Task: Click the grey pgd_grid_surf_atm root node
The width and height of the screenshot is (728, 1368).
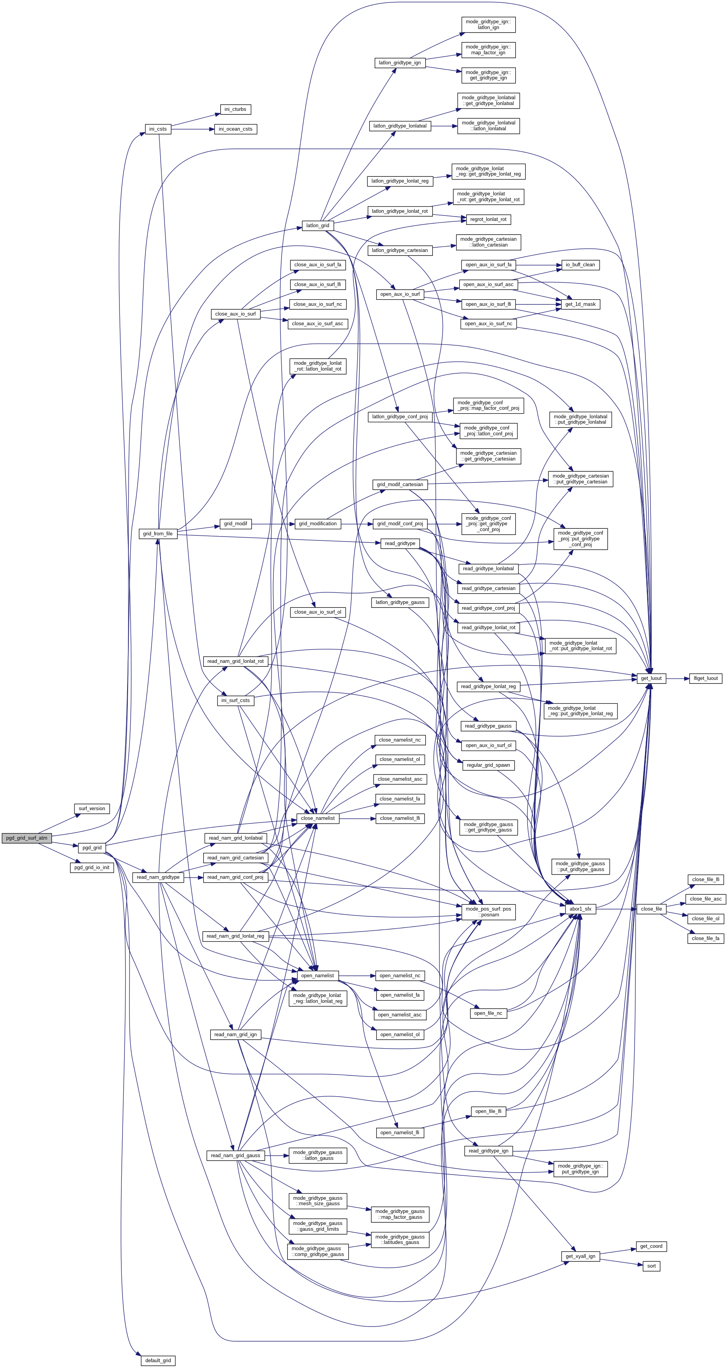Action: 27,838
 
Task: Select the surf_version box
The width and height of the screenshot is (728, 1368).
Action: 92,809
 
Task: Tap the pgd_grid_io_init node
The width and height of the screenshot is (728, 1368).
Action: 92,867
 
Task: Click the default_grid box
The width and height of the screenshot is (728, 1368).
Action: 158,1360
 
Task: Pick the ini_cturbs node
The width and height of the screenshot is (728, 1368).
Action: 235,109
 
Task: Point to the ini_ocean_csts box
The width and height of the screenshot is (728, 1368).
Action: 235,129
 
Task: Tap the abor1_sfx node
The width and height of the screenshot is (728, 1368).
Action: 580,909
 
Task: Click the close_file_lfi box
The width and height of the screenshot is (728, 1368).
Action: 706,880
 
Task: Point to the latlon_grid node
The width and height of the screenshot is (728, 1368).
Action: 317,225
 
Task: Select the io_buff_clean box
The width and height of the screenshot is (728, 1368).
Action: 580,264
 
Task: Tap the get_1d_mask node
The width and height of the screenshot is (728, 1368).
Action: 580,304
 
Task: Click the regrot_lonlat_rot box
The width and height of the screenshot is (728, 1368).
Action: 488,219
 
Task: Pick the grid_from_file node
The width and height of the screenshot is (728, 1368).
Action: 158,534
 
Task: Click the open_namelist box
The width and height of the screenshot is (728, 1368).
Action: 317,976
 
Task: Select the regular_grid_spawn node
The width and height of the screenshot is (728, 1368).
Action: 488,765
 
